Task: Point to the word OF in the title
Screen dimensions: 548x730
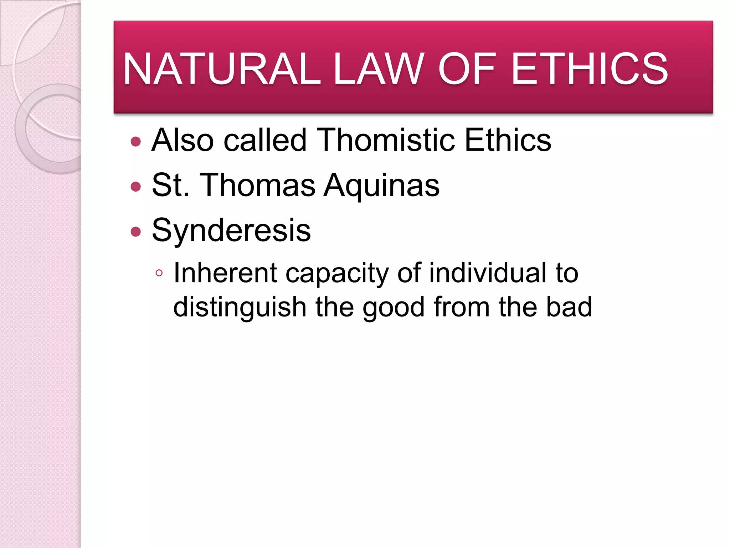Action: click(x=467, y=68)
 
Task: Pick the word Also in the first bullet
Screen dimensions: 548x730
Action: click(x=182, y=140)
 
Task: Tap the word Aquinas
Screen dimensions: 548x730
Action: click(x=381, y=185)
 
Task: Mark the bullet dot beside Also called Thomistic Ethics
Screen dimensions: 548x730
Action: click(x=136, y=142)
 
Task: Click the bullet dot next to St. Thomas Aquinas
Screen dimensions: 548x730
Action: click(x=136, y=187)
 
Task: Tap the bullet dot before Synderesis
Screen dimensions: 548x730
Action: click(x=136, y=232)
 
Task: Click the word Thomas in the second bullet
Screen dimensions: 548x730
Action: click(x=258, y=185)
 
